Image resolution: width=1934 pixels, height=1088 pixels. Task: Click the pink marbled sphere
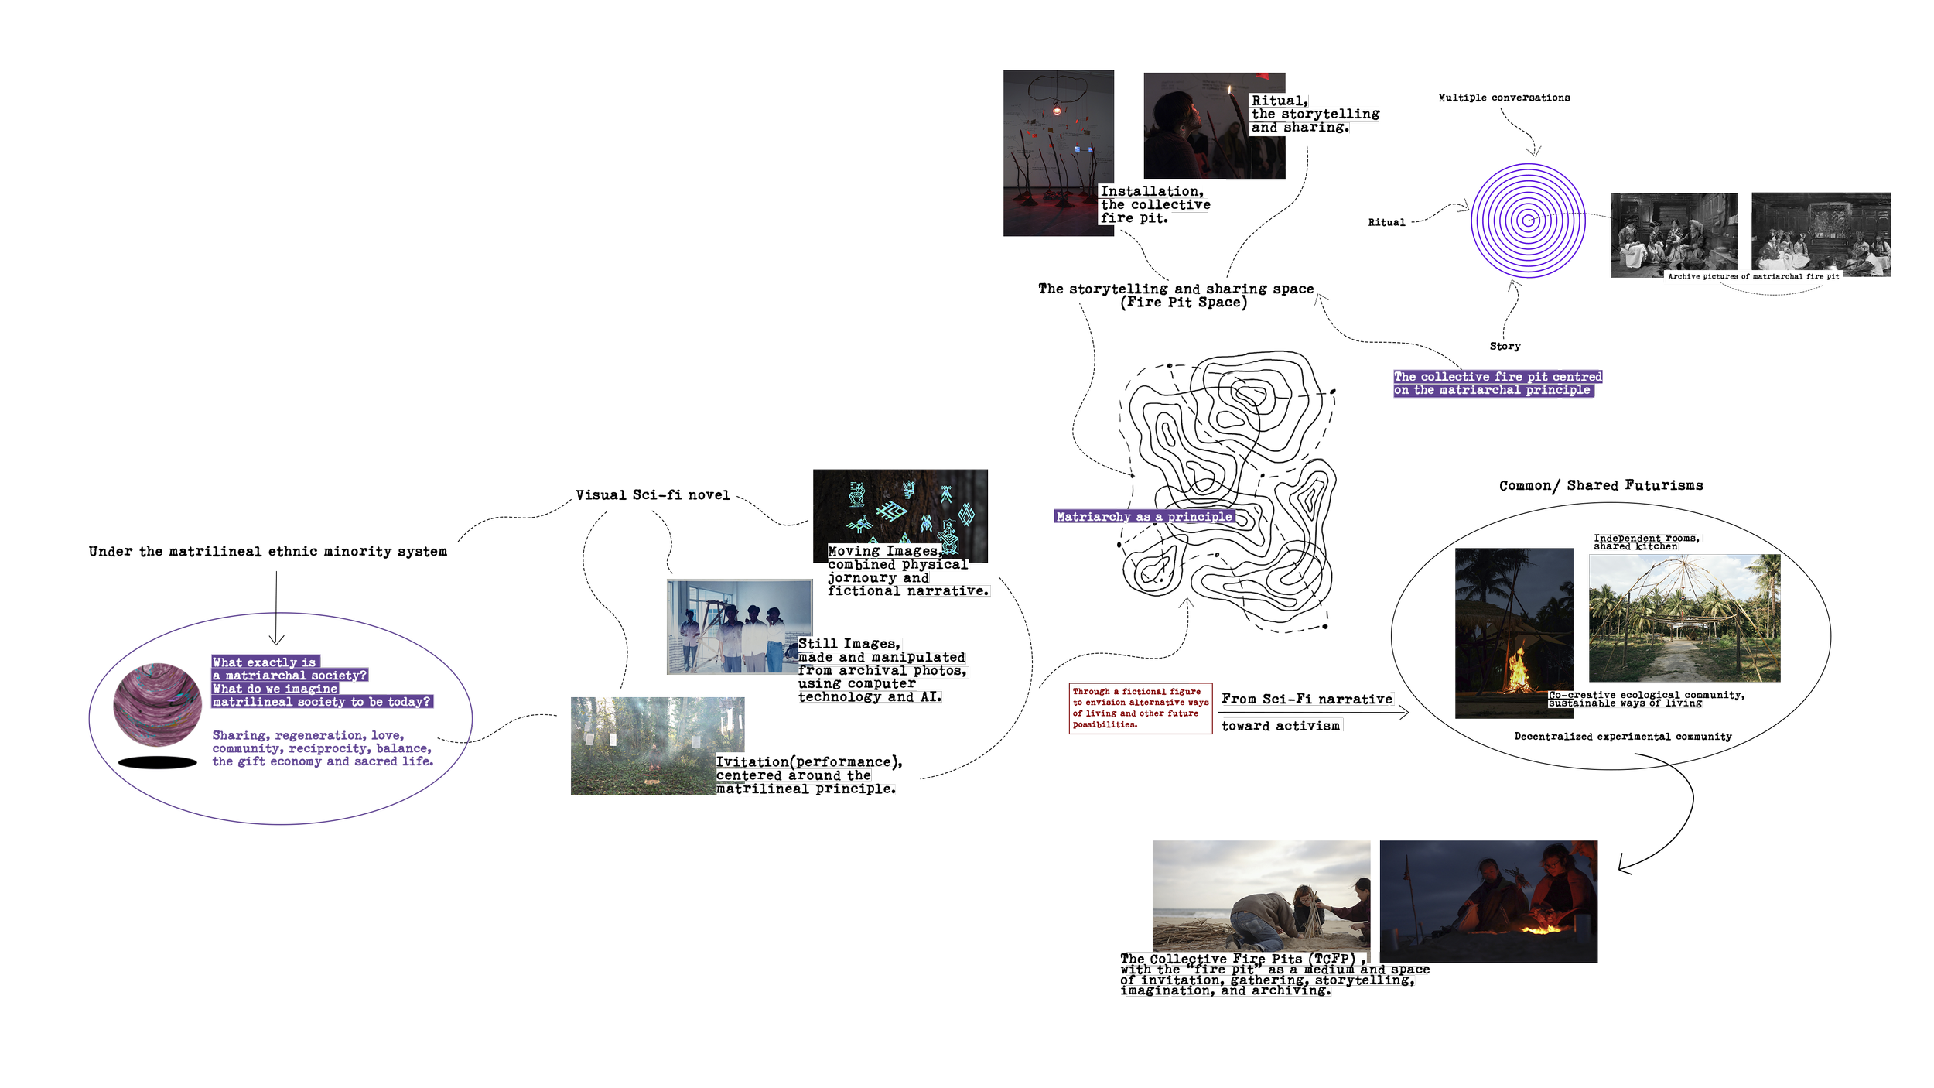click(x=158, y=704)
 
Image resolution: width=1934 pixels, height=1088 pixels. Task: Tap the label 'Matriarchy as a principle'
click(x=1143, y=517)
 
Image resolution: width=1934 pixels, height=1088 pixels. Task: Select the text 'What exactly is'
click(x=265, y=662)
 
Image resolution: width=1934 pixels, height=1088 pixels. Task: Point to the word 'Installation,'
click(x=1151, y=191)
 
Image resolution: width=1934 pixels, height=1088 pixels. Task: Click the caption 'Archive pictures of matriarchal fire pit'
click(x=1753, y=276)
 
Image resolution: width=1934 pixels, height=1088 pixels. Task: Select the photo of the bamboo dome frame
click(x=1685, y=618)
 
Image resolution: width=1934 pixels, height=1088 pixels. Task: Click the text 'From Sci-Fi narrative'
click(x=1307, y=699)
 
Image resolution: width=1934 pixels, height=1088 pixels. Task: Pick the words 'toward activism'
click(x=1280, y=726)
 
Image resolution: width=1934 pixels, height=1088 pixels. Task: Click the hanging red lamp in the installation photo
click(x=1057, y=110)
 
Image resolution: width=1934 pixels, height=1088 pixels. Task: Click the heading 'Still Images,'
click(x=849, y=644)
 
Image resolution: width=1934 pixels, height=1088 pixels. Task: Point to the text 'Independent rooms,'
click(x=1645, y=538)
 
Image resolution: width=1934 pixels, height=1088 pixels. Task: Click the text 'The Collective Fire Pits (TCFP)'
click(x=1238, y=959)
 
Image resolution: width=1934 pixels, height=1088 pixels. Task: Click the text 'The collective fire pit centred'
click(x=1498, y=377)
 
